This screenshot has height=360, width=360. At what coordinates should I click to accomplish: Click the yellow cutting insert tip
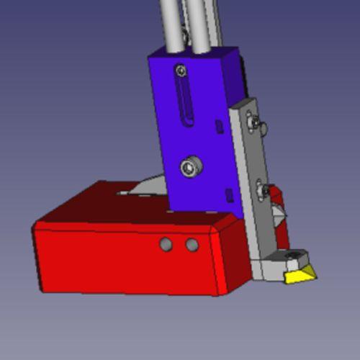coord(299,275)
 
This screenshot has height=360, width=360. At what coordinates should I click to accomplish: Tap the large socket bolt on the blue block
coord(191,167)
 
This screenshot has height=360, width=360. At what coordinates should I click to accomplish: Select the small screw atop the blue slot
coord(180,70)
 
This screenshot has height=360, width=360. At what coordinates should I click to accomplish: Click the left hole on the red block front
coord(166,245)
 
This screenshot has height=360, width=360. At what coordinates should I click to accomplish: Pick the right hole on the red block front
coord(192,245)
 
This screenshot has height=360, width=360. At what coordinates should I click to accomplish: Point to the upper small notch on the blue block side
coord(219,127)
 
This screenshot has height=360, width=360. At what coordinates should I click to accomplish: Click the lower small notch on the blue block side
coord(229,194)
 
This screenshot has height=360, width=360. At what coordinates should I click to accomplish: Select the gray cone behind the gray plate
coord(277,212)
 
